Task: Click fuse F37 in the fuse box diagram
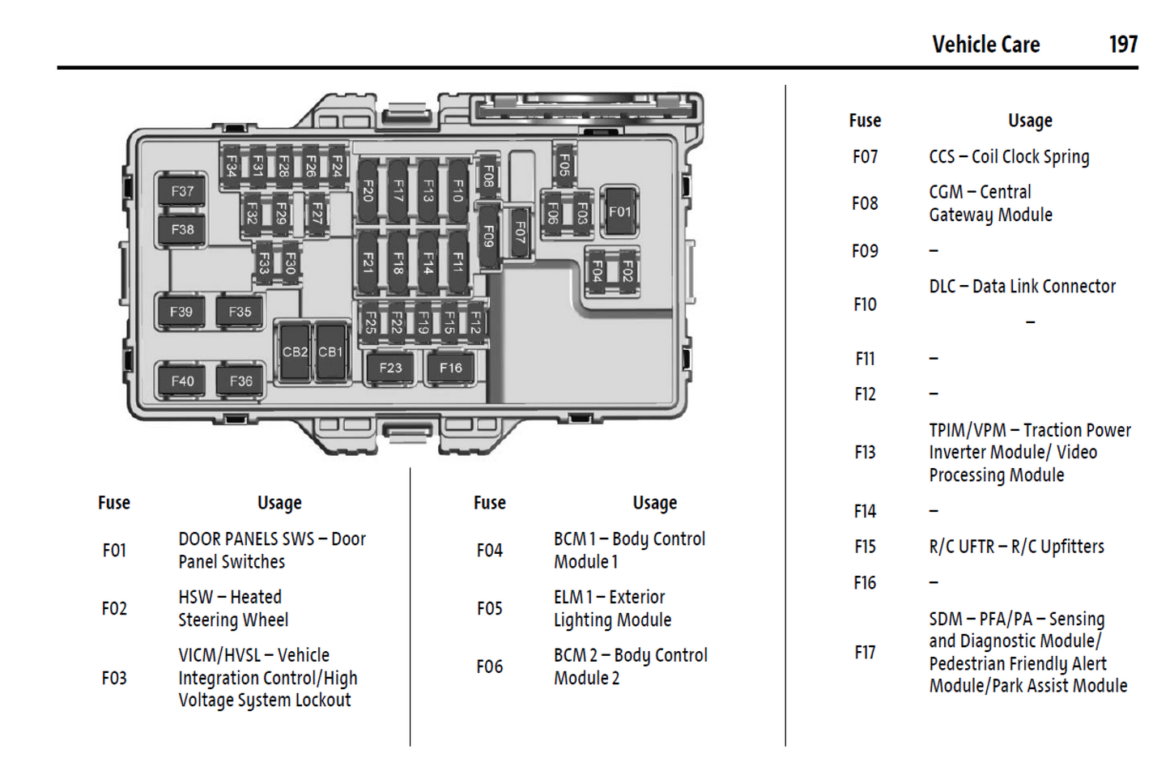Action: point(182,191)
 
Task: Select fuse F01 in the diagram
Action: point(619,211)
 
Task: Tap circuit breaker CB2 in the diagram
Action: point(294,352)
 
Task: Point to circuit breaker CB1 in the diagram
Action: point(330,352)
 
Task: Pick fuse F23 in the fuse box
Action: point(390,368)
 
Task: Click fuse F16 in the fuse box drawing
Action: point(451,368)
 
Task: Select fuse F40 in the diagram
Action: point(182,381)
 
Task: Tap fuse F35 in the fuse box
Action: point(240,312)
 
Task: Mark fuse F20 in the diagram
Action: point(368,191)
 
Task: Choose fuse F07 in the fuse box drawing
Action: point(519,233)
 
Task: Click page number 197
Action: point(1123,45)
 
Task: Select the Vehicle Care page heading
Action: point(985,45)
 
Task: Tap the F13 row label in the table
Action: point(865,453)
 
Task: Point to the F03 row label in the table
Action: point(114,678)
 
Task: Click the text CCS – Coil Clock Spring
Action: point(1009,157)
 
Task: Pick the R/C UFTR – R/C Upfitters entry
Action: point(1016,547)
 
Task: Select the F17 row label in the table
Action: point(865,653)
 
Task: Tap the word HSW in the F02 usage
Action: point(195,598)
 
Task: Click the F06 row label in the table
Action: point(490,666)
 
